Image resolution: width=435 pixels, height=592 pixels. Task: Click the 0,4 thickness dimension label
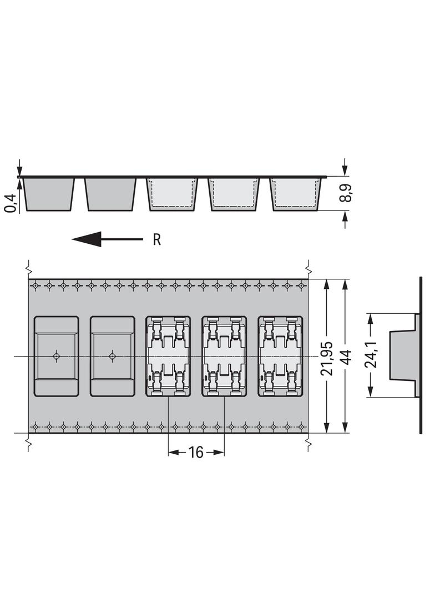(x=12, y=203)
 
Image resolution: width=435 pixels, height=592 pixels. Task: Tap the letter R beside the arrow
(x=157, y=239)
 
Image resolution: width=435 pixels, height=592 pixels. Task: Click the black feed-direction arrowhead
(x=87, y=239)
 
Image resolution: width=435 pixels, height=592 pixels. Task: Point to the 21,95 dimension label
(x=326, y=358)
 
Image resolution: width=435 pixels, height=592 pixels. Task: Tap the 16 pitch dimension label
(x=196, y=452)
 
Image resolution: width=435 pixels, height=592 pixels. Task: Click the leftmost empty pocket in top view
(x=57, y=357)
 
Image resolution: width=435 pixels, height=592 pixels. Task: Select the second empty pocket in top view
(x=113, y=357)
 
